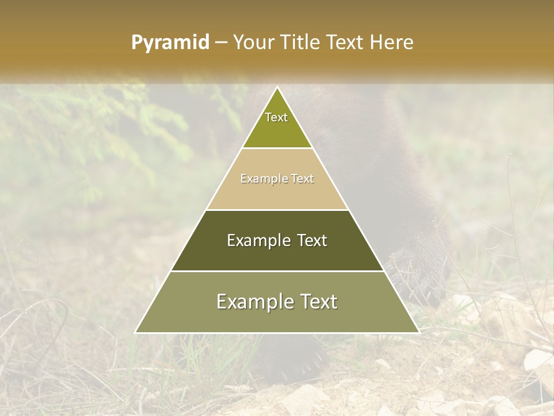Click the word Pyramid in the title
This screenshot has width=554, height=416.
click(170, 43)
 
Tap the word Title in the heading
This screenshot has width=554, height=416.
click(300, 43)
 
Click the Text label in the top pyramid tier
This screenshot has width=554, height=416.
click(276, 117)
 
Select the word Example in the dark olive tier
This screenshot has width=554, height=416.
click(259, 240)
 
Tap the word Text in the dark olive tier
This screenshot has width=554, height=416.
click(313, 240)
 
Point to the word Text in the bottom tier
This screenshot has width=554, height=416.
click(319, 302)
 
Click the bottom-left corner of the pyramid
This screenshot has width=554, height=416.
click(136, 332)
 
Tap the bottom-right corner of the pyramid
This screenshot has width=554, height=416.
click(419, 332)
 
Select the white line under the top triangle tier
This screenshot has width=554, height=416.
click(278, 148)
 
